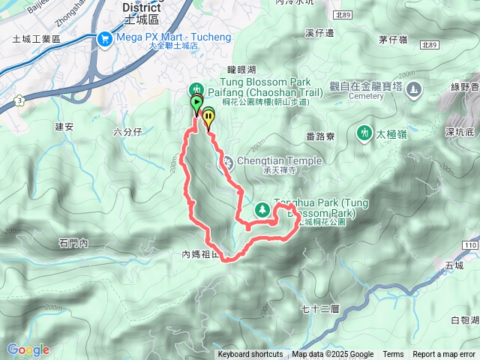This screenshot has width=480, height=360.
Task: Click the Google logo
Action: tap(28, 349)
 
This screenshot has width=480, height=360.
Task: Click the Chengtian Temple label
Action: tap(279, 160)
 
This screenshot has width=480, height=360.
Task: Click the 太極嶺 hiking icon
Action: tap(364, 133)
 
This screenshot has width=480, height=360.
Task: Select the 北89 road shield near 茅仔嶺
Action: tap(430, 45)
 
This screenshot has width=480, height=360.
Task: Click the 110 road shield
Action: tap(469, 246)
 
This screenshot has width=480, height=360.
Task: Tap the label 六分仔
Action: tap(127, 132)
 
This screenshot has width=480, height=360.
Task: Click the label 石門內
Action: tap(73, 243)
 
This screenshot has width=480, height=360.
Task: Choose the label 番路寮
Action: tap(320, 136)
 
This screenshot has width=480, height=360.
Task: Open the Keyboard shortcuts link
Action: tap(250, 355)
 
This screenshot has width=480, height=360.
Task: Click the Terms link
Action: tap(393, 355)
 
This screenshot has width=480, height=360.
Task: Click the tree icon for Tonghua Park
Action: tap(263, 210)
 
